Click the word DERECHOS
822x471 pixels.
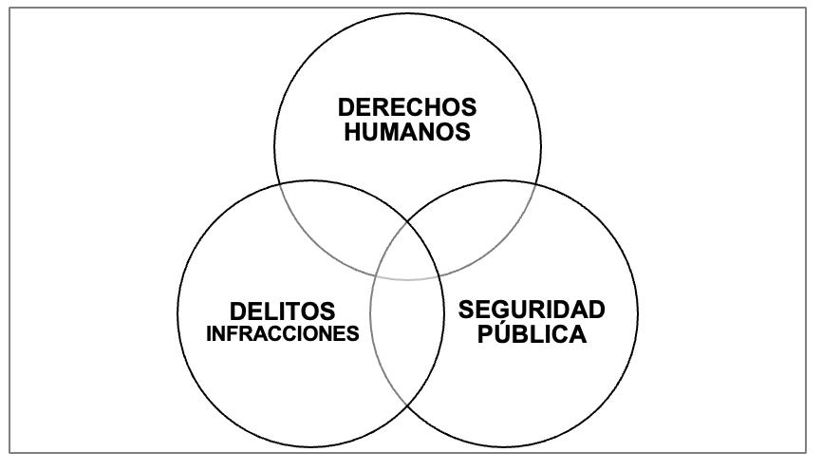coord(408,107)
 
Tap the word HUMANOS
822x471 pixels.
coord(408,132)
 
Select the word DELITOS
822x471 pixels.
coord(282,311)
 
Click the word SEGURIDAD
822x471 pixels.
coord(532,310)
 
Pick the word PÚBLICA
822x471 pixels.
coord(532,334)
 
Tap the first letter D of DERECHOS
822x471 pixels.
coord(346,107)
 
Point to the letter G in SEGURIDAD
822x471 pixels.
coord(502,310)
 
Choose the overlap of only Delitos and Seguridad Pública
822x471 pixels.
coord(406,342)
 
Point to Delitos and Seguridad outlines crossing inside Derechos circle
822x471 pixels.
coord(407,221)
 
